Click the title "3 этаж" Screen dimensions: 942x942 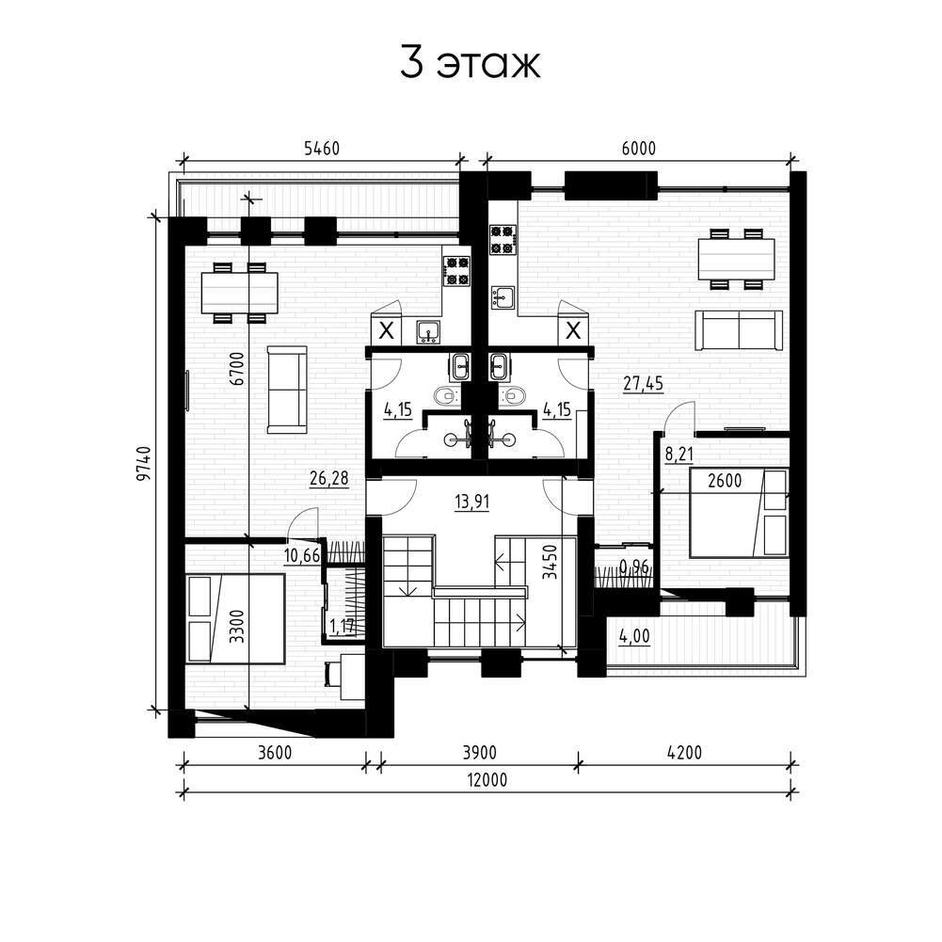click(471, 63)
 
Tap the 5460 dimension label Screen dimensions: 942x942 click(322, 149)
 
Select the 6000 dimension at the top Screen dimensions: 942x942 click(639, 148)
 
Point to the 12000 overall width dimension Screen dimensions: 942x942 click(487, 780)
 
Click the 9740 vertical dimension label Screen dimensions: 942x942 click(143, 463)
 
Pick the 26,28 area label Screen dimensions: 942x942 click(329, 479)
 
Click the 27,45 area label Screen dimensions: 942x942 click(644, 383)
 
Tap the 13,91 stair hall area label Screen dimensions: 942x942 click(472, 501)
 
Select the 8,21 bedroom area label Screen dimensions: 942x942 click(679, 455)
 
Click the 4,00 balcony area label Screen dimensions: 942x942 click(634, 635)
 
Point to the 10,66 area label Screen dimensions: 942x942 click(302, 556)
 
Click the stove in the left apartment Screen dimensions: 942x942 click(456, 270)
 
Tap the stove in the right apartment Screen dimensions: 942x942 click(503, 239)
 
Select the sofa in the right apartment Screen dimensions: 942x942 click(739, 329)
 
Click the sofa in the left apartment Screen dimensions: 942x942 click(287, 390)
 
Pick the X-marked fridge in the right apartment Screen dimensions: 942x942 click(574, 329)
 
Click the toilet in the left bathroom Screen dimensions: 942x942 click(446, 395)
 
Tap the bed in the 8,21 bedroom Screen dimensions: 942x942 click(740, 513)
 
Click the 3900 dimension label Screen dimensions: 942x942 click(479, 752)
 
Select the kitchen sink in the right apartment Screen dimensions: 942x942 click(503, 297)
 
